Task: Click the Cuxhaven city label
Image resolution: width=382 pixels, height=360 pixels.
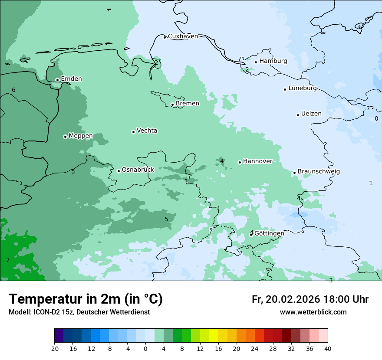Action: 183,36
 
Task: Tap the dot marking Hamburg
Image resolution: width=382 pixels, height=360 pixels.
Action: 256,62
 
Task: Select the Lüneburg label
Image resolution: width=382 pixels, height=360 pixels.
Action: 303,88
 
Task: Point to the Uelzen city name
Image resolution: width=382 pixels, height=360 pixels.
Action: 311,114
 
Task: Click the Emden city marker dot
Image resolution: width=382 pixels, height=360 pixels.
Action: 57,80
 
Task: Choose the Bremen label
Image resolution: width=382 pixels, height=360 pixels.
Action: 188,103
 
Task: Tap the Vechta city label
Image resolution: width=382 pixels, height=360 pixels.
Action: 147,131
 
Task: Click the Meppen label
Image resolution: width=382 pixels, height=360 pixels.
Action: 81,136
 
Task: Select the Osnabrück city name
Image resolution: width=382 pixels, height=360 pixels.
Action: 138,170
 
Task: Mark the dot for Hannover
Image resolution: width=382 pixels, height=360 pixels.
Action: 240,162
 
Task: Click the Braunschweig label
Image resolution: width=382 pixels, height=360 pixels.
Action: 319,171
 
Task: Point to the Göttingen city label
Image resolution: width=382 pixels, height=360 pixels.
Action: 269,233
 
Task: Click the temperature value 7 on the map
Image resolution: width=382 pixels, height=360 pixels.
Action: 8,260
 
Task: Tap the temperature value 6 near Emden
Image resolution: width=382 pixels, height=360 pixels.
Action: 13,90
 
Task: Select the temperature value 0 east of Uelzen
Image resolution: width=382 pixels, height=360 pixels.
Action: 376,118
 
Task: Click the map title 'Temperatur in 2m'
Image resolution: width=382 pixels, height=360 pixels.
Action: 86,299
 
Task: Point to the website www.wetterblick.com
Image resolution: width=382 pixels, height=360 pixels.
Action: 313,312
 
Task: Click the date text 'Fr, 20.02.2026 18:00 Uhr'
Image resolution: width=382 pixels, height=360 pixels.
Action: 310,299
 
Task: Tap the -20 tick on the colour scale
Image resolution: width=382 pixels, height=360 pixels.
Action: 54,348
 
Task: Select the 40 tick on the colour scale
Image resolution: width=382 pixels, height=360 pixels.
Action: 328,348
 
